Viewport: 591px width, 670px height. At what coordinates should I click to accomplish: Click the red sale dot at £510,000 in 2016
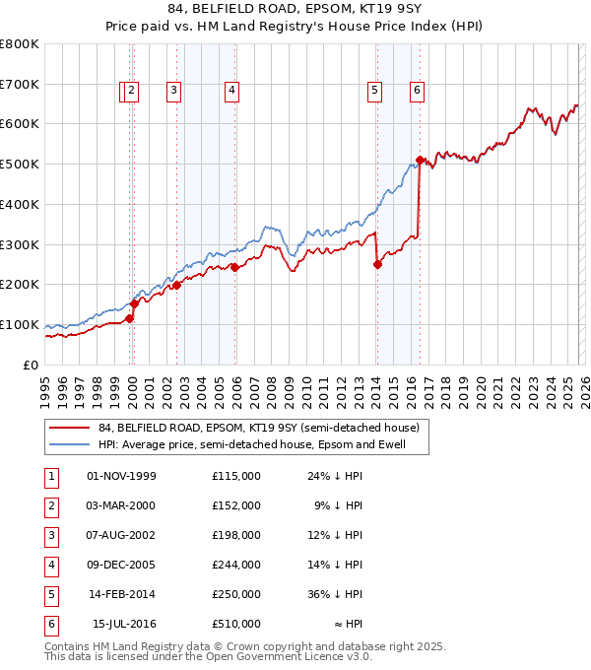click(x=420, y=160)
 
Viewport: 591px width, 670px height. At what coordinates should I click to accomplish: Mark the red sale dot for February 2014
click(x=377, y=264)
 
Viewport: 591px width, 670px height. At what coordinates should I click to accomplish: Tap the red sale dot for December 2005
click(x=235, y=267)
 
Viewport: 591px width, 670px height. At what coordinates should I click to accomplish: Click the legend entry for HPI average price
click(x=264, y=445)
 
